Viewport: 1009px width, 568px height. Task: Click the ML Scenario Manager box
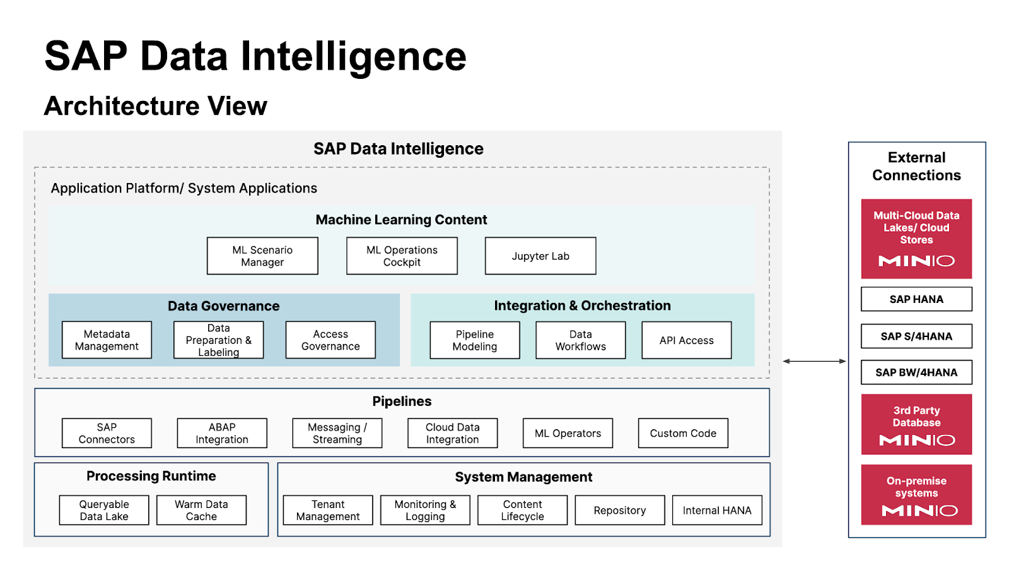pyautogui.click(x=262, y=256)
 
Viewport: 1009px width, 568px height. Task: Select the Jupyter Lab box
pyautogui.click(x=540, y=256)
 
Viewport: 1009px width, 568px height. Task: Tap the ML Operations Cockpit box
pyautogui.click(x=402, y=256)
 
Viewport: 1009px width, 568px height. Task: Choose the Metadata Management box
pyautogui.click(x=107, y=340)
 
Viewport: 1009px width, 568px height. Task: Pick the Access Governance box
pyautogui.click(x=330, y=340)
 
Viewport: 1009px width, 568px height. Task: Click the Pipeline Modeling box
pyautogui.click(x=475, y=340)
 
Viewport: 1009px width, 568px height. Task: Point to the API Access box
pyautogui.click(x=687, y=340)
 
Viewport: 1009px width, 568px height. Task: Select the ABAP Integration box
pyautogui.click(x=222, y=434)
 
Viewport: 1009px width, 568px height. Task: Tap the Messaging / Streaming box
pyautogui.click(x=337, y=434)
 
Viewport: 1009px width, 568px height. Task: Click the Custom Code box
pyautogui.click(x=683, y=434)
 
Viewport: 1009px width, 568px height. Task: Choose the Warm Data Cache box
pyautogui.click(x=201, y=510)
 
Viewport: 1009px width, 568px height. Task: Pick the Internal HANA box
pyautogui.click(x=717, y=510)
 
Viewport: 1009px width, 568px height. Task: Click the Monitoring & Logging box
pyautogui.click(x=425, y=510)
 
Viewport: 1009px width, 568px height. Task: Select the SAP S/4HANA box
pyautogui.click(x=916, y=336)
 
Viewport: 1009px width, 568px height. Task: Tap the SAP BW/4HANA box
pyautogui.click(x=916, y=372)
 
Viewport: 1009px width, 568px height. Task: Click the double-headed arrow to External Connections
pyautogui.click(x=814, y=361)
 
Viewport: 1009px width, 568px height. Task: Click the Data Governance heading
pyautogui.click(x=223, y=306)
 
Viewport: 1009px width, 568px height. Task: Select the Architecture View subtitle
pyautogui.click(x=156, y=106)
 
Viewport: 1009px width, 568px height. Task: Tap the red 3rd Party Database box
pyautogui.click(x=916, y=424)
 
